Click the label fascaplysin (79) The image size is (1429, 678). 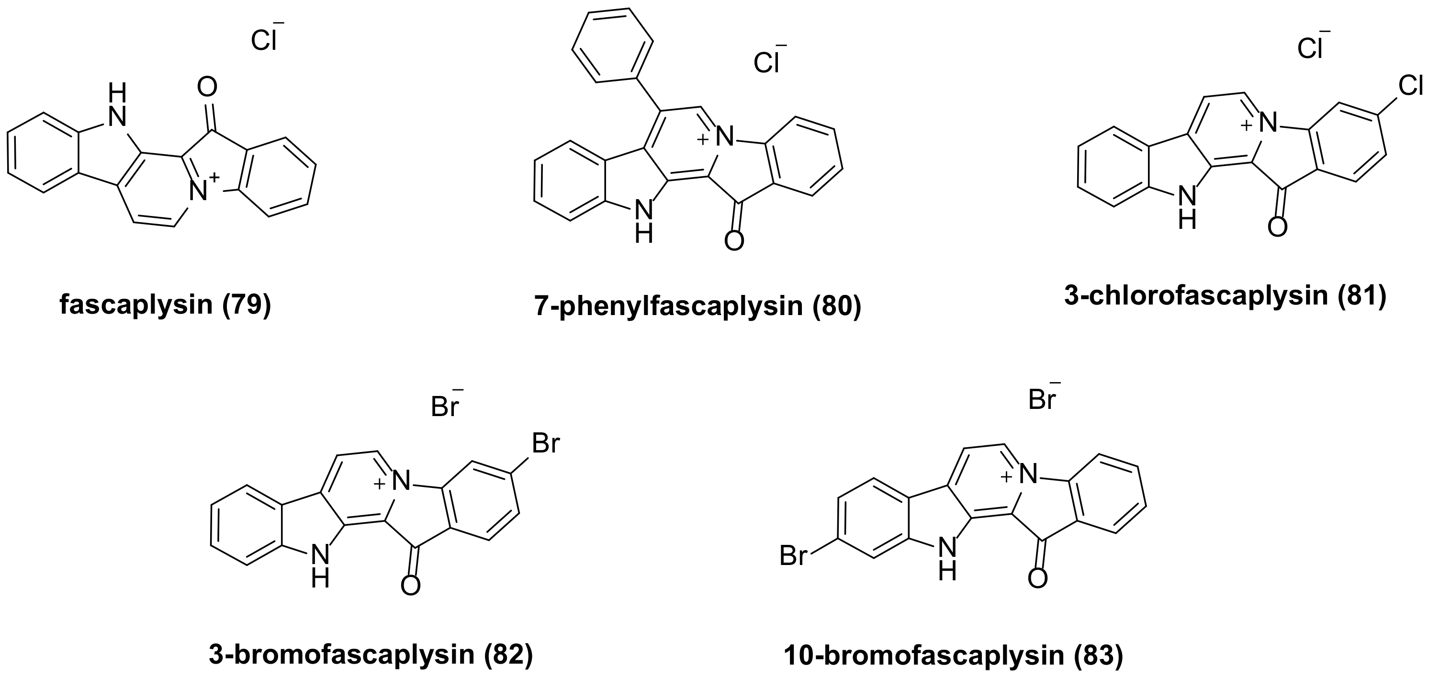click(165, 305)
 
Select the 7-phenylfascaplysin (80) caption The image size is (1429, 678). click(698, 306)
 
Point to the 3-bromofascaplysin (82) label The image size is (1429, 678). click(371, 655)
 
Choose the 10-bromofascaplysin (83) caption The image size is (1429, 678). click(953, 656)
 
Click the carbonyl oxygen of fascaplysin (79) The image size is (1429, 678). click(207, 87)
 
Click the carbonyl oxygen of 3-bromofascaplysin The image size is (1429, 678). click(410, 585)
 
